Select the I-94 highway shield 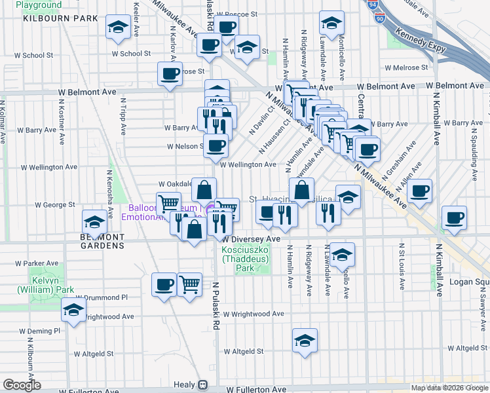[373, 5]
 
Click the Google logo [21, 384]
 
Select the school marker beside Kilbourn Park [118, 27]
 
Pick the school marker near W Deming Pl [73, 310]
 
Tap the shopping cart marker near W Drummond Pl [189, 284]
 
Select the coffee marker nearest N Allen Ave [420, 191]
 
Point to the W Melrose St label [406, 67]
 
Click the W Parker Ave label [33, 263]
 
